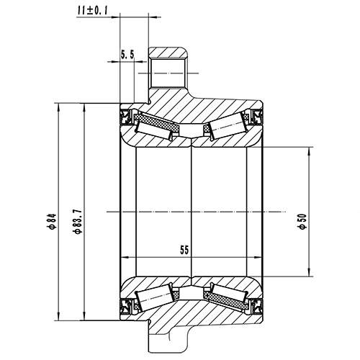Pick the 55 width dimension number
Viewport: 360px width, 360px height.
tap(184, 250)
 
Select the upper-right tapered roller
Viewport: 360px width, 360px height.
tap(225, 127)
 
